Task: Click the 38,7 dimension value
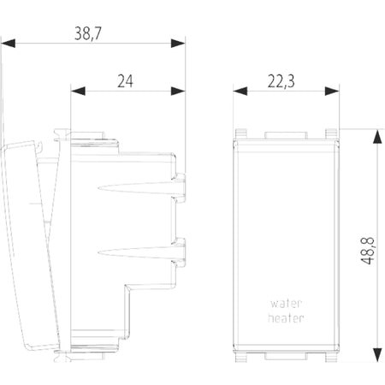tap(88, 33)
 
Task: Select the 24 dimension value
tap(125, 81)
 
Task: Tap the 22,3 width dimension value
tap(281, 81)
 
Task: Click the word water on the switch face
tap(286, 304)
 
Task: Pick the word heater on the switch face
tap(286, 317)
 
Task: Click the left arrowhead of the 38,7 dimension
tap(8, 44)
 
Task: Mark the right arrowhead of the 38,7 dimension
tap(178, 44)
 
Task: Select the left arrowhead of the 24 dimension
tap(78, 92)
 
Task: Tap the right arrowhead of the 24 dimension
tap(178, 92)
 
